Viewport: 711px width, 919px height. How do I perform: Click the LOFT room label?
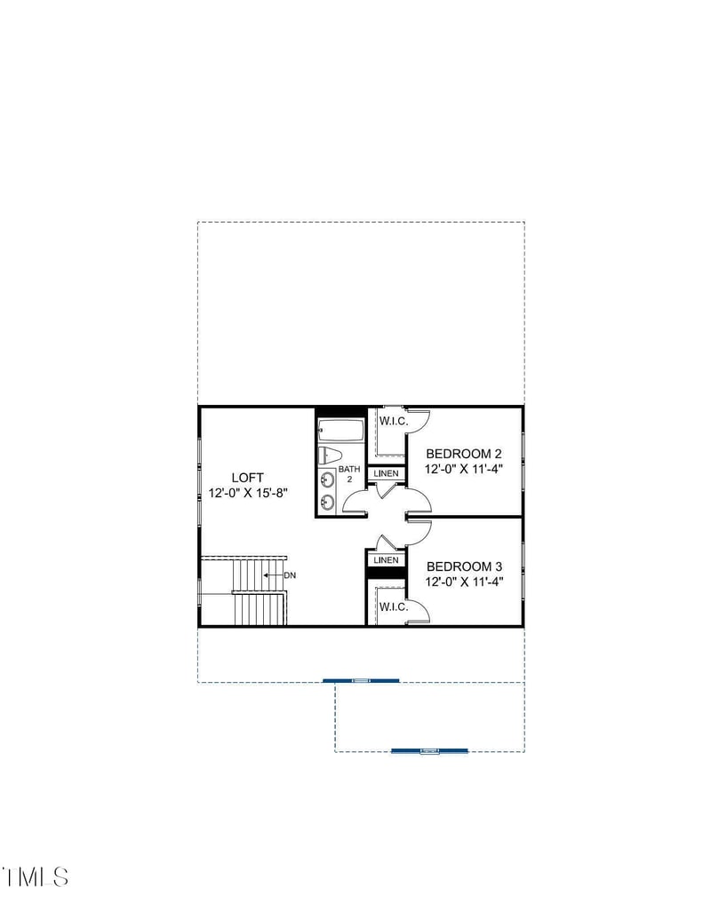tap(247, 477)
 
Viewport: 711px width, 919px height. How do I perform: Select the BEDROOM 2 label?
tap(465, 454)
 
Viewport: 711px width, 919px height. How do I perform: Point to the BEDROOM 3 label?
tap(465, 566)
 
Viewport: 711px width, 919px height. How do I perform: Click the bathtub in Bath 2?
tap(341, 432)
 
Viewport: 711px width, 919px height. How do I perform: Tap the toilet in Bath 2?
tap(330, 456)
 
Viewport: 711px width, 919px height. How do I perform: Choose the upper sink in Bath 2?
tap(327, 480)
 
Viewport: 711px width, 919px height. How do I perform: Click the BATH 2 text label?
tap(349, 473)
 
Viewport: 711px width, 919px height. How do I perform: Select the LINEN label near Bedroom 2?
tap(387, 473)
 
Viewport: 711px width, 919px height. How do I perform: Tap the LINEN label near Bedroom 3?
tap(387, 560)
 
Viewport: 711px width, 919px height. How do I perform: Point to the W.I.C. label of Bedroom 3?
tap(393, 607)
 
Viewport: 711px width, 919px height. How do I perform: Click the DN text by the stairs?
tap(290, 575)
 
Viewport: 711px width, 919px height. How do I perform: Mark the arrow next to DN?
tap(272, 575)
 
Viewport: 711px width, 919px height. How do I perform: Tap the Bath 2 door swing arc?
tap(353, 502)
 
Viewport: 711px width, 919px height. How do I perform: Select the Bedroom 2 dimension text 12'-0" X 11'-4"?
tap(465, 470)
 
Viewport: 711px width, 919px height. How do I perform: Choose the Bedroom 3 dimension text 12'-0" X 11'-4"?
tap(465, 582)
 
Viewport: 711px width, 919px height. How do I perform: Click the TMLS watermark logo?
tap(36, 877)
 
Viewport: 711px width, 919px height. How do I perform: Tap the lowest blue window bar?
tap(430, 751)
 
